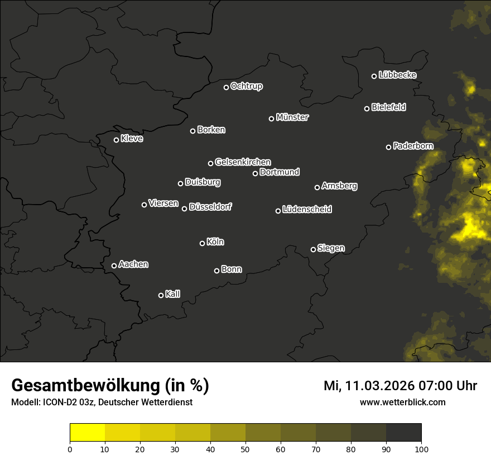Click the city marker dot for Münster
pyautogui.click(x=272, y=119)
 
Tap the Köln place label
pyautogui.click(x=215, y=242)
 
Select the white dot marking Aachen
pyautogui.click(x=114, y=266)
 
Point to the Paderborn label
pyautogui.click(x=413, y=146)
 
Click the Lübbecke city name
pyautogui.click(x=397, y=75)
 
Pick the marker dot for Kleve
pyautogui.click(x=117, y=140)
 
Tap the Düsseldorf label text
pyautogui.click(x=210, y=207)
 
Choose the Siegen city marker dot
pyautogui.click(x=313, y=249)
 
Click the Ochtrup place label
pyautogui.click(x=246, y=86)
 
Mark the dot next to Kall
pyautogui.click(x=161, y=295)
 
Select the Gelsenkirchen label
pyautogui.click(x=243, y=162)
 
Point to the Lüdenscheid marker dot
pyautogui.click(x=278, y=211)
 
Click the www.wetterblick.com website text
pyautogui.click(x=403, y=402)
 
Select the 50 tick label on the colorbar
pyautogui.click(x=245, y=448)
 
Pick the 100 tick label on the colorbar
pyautogui.click(x=421, y=448)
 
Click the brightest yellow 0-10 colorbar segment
pyautogui.click(x=88, y=433)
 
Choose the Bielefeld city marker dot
pyautogui.click(x=367, y=108)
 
